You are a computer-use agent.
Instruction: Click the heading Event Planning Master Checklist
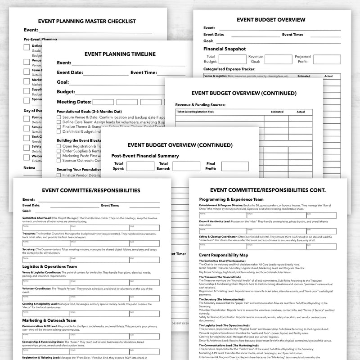pyautogui.click(x=86, y=21)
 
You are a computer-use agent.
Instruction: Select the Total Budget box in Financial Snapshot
pyautogui.click(x=233, y=59)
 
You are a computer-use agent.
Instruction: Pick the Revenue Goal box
pyautogui.click(x=278, y=59)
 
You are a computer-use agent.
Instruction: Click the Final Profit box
pyautogui.click(x=235, y=166)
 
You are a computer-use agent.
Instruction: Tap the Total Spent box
pyautogui.click(x=140, y=166)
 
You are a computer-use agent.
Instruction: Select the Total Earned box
pyautogui.click(x=186, y=166)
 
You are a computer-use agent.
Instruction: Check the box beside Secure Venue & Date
pyautogui.click(x=59, y=117)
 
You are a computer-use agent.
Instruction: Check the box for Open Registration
pyautogui.click(x=59, y=146)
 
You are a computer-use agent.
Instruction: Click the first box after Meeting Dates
pyautogui.click(x=103, y=102)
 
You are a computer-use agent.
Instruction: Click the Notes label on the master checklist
pyautogui.click(x=28, y=167)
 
